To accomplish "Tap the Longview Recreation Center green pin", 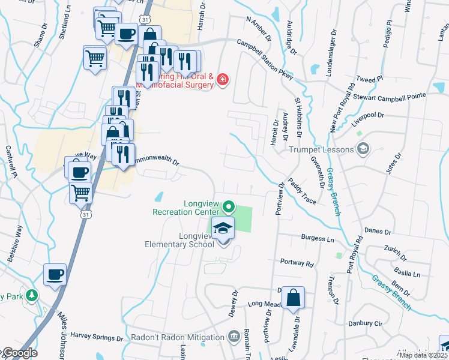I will coord(229,207).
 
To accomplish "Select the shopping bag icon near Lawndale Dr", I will coord(293,298).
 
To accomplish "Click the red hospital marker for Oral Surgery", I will coord(223,79).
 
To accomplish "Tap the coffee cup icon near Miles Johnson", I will coord(55,275).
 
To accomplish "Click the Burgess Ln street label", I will coord(318,238).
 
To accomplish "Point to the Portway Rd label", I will coord(297,263).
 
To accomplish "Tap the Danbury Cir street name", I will coord(366,323).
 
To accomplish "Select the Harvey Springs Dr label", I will coord(97,337).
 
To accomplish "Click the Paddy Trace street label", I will coord(301,190).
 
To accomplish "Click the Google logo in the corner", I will coord(19,353).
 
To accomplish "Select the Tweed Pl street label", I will coord(369,79).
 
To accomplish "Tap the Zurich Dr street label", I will coord(396,253).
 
